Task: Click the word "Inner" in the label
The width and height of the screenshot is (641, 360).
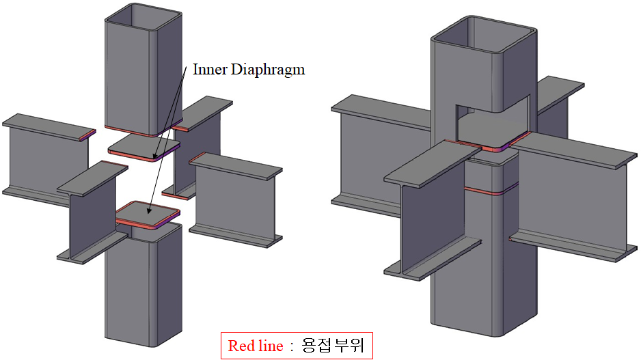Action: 209,69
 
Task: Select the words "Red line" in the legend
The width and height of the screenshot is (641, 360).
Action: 255,346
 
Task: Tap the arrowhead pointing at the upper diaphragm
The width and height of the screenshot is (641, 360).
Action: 155,157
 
